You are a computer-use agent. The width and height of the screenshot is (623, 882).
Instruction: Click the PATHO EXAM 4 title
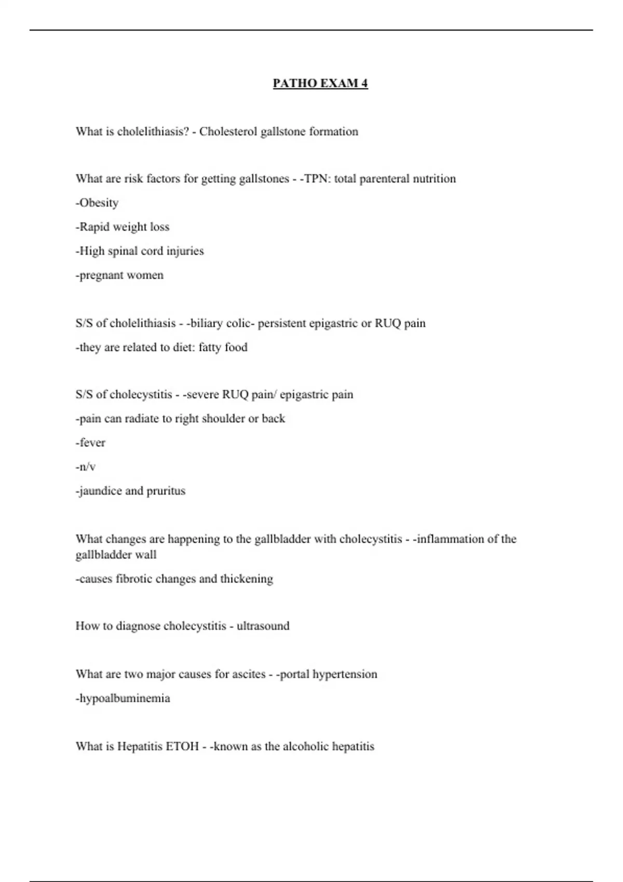(320, 84)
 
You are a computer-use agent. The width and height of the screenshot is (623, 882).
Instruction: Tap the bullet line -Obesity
(97, 203)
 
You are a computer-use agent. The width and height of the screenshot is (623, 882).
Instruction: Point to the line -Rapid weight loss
(123, 227)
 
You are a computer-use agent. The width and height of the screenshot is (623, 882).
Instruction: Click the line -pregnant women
(119, 275)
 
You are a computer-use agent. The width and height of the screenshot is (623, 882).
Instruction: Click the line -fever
(90, 443)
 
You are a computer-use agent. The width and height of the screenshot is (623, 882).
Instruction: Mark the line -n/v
(86, 467)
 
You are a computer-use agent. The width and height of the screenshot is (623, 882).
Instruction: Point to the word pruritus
(166, 491)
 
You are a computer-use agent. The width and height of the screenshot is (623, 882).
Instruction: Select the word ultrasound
(263, 626)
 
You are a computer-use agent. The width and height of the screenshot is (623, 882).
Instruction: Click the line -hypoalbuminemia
(123, 698)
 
